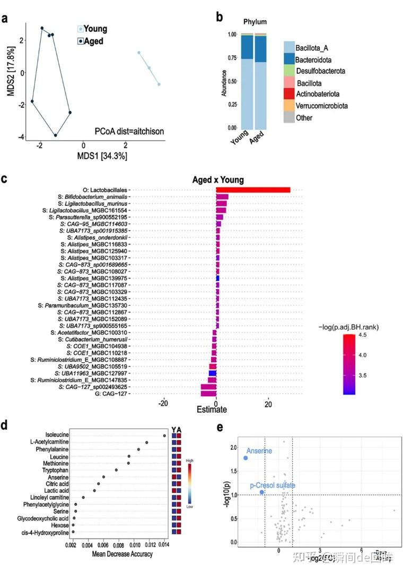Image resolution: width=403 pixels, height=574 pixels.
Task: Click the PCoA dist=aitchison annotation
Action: pos(129,131)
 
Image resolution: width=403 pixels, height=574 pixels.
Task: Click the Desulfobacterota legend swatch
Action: pos(289,71)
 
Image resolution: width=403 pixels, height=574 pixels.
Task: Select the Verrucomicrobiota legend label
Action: pos(321,106)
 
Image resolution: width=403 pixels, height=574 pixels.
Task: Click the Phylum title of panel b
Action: pos(255,22)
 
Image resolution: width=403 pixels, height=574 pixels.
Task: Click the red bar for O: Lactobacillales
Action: pos(253,190)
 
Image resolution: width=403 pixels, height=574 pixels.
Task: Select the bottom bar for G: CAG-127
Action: pos(208,394)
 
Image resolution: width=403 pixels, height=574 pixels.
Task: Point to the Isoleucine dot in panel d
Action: pos(165,436)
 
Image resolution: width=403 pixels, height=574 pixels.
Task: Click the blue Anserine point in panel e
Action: pos(246,458)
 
